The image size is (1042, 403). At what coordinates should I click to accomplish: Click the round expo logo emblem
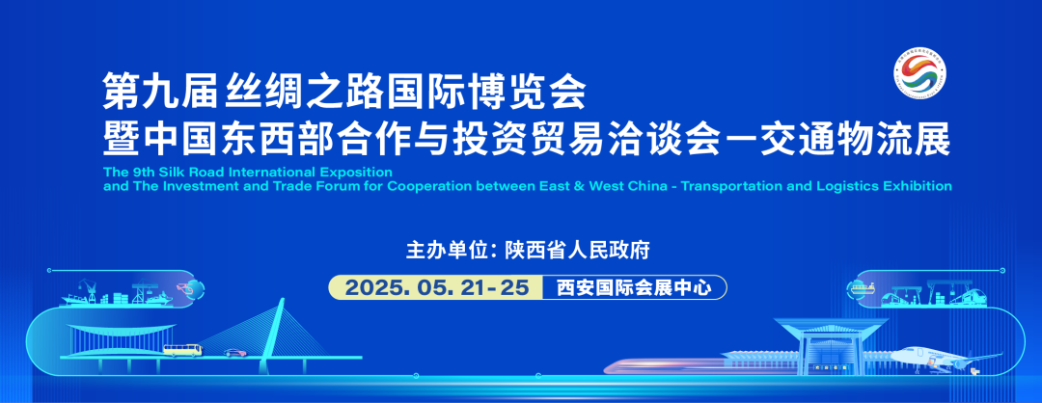click(x=920, y=76)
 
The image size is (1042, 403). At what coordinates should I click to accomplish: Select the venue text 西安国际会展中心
click(x=632, y=287)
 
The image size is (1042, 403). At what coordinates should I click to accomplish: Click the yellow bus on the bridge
click(x=182, y=350)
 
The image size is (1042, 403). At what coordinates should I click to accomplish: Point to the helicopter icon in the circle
click(x=195, y=288)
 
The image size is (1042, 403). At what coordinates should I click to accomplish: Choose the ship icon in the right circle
click(x=861, y=287)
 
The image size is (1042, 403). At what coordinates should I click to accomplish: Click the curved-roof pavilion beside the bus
click(x=106, y=337)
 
